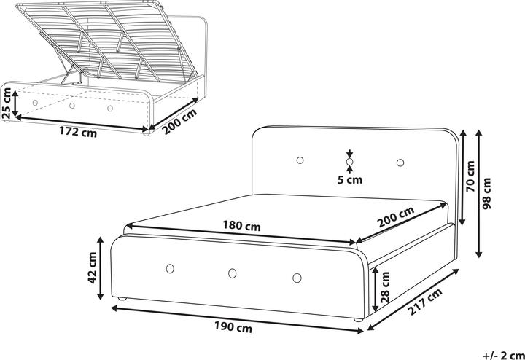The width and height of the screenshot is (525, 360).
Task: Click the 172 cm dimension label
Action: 77,133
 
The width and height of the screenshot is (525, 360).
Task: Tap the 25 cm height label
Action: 7,103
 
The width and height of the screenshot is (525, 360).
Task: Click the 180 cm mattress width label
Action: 242,226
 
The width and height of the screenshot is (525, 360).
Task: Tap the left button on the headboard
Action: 300,160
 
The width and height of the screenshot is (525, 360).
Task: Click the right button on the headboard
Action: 401,162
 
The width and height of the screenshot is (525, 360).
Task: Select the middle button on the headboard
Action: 350,161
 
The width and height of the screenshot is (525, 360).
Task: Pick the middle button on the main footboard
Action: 232,273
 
